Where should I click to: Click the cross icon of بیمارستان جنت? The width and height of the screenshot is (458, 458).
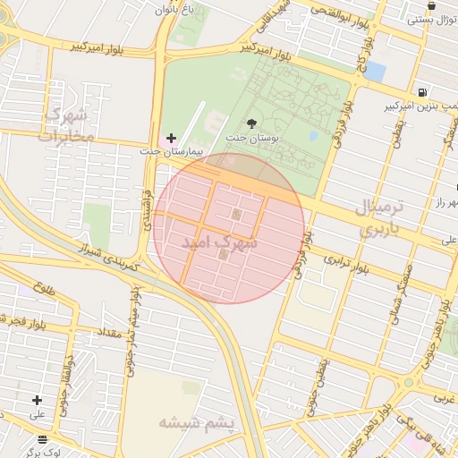point(172,138)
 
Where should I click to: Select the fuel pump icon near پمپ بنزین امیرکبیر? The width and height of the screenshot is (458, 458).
point(421,91)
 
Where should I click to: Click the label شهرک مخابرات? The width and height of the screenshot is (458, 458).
point(66,125)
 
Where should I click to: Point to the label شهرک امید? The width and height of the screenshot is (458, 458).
point(220,242)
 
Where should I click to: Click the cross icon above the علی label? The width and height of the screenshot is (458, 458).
point(37,400)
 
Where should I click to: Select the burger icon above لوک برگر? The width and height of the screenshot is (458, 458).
point(43,439)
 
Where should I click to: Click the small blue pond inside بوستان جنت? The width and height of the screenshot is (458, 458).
point(313,136)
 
